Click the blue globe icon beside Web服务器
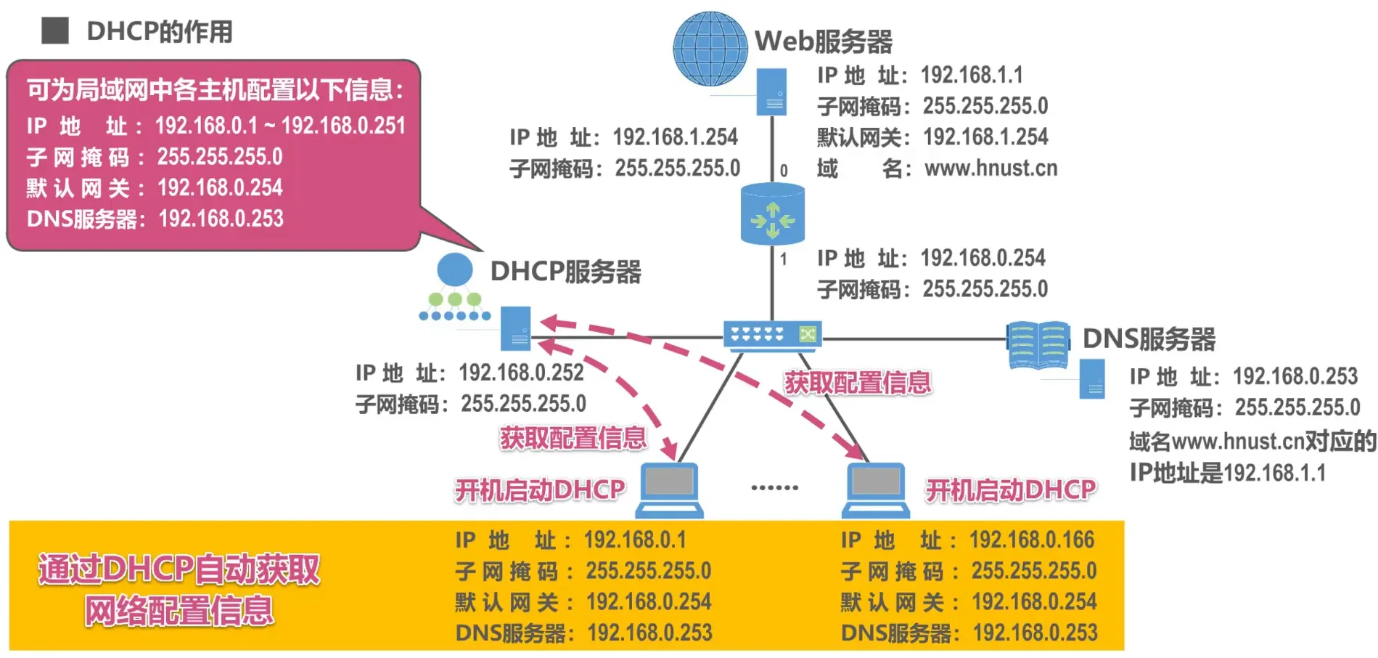tap(710, 49)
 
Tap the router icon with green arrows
tap(772, 215)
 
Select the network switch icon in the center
tap(772, 335)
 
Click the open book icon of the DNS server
tap(1038, 345)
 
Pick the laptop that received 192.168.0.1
tap(669, 489)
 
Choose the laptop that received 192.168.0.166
tap(876, 489)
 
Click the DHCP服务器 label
tap(565, 272)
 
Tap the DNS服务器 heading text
tap(1149, 339)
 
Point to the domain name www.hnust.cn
tap(991, 168)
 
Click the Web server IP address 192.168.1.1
tap(972, 75)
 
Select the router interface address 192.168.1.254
tap(675, 137)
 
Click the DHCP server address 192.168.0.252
tap(521, 373)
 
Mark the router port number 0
tap(784, 171)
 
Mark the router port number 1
tap(784, 259)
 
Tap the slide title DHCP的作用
tap(160, 31)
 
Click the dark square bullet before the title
tap(55, 31)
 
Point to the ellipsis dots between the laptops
tap(774, 487)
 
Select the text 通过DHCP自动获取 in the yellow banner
tap(179, 569)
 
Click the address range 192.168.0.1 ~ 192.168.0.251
tap(280, 126)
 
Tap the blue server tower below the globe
tap(771, 92)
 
